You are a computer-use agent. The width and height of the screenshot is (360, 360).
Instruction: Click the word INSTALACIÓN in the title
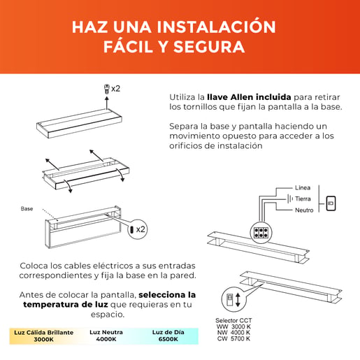click(216, 27)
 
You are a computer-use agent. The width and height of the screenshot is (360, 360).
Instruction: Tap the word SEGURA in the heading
click(209, 47)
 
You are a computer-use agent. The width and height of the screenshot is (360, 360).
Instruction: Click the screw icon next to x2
click(107, 89)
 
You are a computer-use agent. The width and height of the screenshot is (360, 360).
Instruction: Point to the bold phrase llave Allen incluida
click(249, 97)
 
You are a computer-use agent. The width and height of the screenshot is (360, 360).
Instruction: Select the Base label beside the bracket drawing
click(27, 208)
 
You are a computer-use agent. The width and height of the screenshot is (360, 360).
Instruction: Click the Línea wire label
click(303, 188)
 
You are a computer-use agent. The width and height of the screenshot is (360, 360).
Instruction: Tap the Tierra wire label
click(303, 199)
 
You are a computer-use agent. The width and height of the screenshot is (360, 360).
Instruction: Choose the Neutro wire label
click(304, 210)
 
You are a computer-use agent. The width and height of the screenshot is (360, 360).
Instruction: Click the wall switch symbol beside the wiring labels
click(331, 203)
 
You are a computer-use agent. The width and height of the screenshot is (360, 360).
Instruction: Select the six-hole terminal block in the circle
click(261, 232)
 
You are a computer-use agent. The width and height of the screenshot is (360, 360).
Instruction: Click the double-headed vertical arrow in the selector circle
click(238, 300)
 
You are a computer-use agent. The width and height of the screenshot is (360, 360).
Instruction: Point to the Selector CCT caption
click(233, 321)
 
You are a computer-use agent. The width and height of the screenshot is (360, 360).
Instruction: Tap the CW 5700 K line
click(233, 338)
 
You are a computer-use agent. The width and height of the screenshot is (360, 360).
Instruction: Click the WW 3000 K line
click(233, 326)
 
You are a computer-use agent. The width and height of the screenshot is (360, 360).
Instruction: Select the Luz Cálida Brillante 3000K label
click(44, 336)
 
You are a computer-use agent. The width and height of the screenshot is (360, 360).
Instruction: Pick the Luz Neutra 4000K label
click(106, 336)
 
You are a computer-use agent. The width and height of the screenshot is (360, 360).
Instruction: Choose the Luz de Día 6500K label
click(168, 336)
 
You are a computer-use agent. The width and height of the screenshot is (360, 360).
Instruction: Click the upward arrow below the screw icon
click(107, 103)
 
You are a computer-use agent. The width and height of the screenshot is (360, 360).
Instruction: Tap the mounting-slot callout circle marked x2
click(138, 229)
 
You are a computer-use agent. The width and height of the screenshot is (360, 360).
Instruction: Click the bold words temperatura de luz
click(66, 305)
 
